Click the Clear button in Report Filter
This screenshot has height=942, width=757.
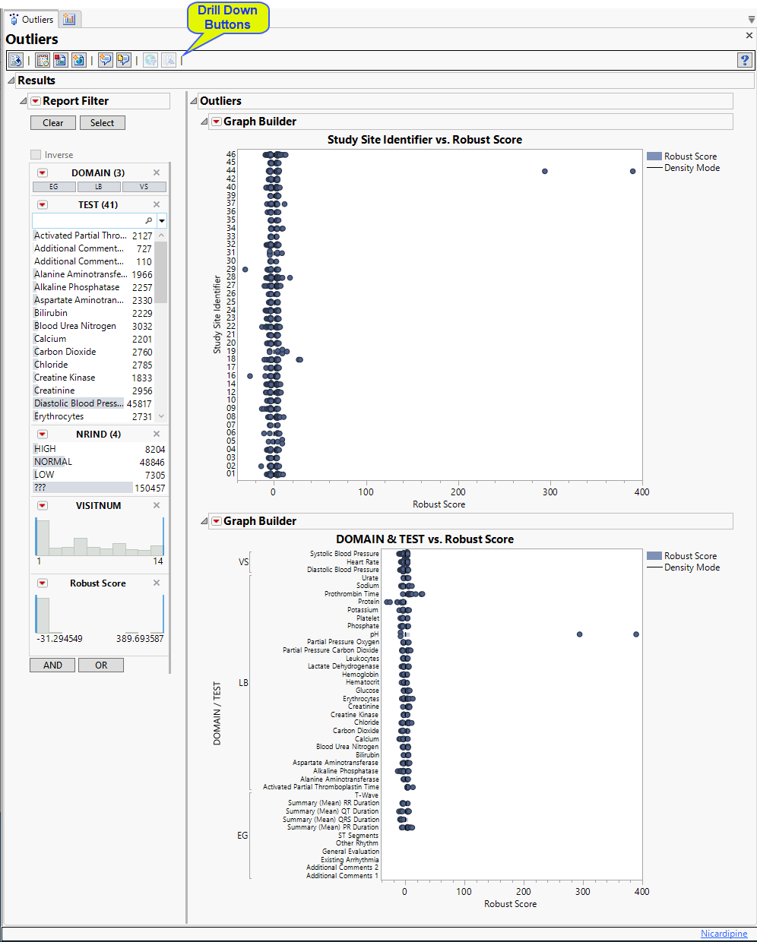point(53,123)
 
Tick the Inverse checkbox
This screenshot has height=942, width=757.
point(36,155)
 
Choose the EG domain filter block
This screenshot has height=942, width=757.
point(53,187)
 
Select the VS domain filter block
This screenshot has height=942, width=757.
point(144,187)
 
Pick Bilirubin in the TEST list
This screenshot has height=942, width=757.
point(51,313)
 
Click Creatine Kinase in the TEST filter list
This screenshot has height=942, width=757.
point(65,378)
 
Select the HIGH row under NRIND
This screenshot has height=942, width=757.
point(45,449)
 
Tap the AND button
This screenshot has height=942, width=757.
point(52,665)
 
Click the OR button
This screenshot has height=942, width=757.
point(101,665)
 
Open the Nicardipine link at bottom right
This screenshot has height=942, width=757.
point(724,934)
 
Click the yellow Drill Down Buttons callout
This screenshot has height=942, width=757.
point(228,17)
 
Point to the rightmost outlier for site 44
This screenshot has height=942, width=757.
point(632,171)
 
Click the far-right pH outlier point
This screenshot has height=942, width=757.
point(636,634)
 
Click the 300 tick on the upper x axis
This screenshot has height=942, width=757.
point(550,492)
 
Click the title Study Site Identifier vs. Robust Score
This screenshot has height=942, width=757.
point(424,140)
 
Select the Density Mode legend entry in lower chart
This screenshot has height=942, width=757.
point(692,567)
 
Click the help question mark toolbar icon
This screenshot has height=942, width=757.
point(745,60)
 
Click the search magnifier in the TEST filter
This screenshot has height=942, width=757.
point(148,220)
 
